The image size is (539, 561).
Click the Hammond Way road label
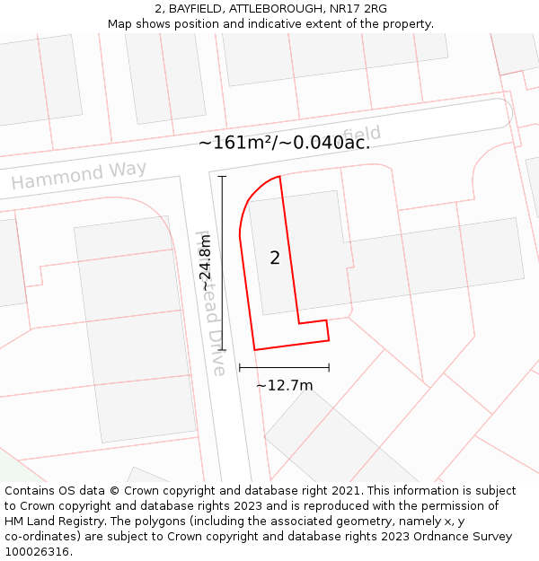pos(79,175)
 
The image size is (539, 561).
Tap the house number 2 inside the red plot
pos(275,259)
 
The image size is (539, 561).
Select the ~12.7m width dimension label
pos(285,386)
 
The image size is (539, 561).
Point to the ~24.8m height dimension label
pos(208,262)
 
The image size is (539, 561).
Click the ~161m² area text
pos(235,142)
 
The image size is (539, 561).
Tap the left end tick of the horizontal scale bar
pos(240,367)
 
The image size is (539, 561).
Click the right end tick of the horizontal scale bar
pos(329,367)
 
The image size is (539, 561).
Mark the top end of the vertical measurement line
pos(222,177)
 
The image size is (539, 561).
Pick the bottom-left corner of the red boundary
pos(254,349)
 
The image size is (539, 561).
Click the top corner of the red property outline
pos(279,176)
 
